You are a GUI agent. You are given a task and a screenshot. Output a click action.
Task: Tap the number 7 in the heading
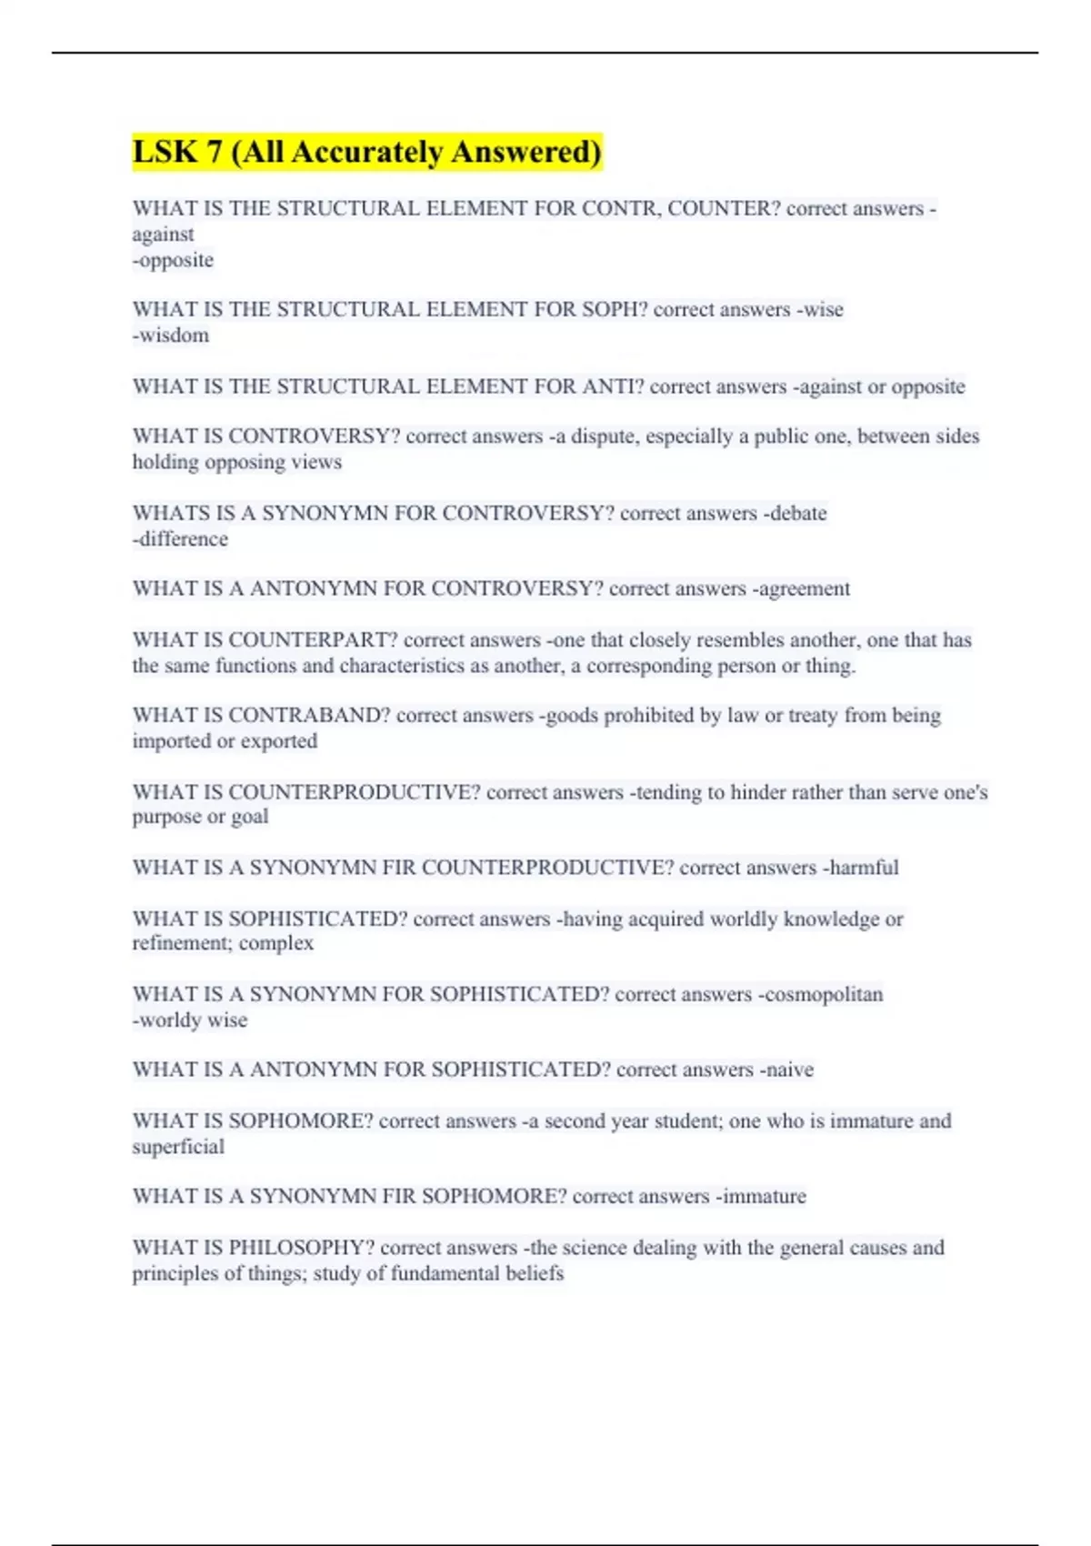[x=214, y=152]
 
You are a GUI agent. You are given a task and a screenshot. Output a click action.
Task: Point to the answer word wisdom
[x=174, y=336]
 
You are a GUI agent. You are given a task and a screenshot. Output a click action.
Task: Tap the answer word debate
[x=797, y=513]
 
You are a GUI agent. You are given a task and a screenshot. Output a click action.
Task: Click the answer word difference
[x=183, y=539]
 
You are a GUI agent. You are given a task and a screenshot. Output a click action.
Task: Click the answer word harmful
[x=863, y=868]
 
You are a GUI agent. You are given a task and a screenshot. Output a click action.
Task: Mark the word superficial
[x=178, y=1147]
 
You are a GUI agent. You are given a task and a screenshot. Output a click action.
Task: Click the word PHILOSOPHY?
[x=301, y=1248]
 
